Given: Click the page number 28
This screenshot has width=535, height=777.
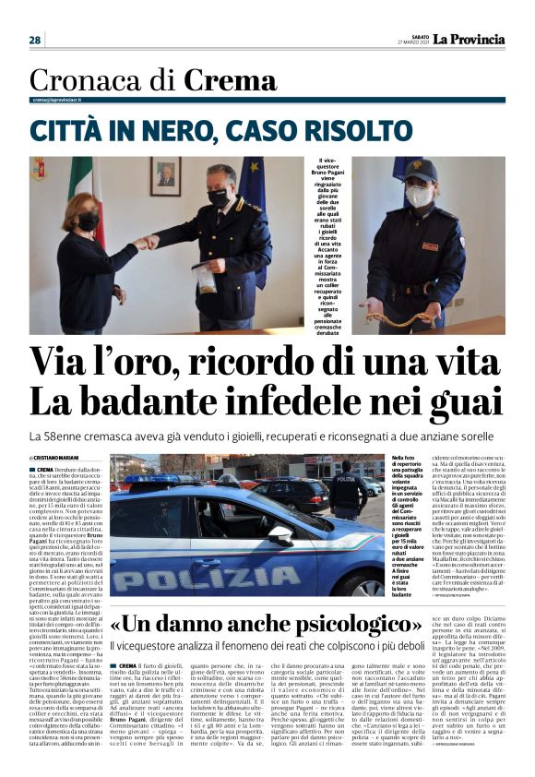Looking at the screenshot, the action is click(34, 40).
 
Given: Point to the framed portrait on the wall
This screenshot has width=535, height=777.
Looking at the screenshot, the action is click(166, 175).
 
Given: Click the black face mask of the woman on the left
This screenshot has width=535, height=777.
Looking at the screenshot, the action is click(88, 222).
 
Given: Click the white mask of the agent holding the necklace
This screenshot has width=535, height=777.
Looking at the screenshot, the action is click(418, 197).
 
